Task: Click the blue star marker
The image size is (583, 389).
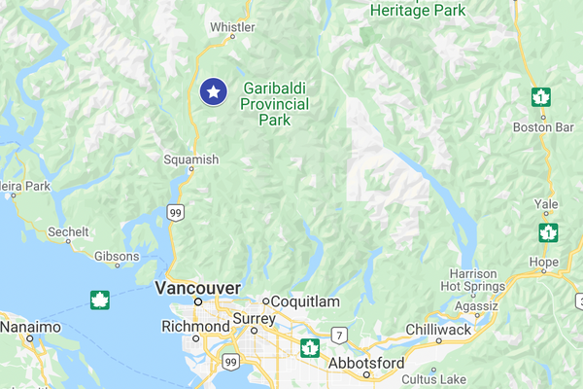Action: click(214, 91)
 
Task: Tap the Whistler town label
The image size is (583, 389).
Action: click(232, 26)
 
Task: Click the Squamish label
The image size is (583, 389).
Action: click(192, 159)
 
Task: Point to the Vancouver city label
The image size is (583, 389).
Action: click(197, 288)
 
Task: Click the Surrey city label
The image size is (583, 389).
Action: click(255, 319)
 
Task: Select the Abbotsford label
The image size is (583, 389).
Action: click(365, 363)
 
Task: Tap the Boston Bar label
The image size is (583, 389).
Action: click(538, 127)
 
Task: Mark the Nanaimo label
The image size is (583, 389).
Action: click(26, 328)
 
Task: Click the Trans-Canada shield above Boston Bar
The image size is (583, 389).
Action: click(540, 97)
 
